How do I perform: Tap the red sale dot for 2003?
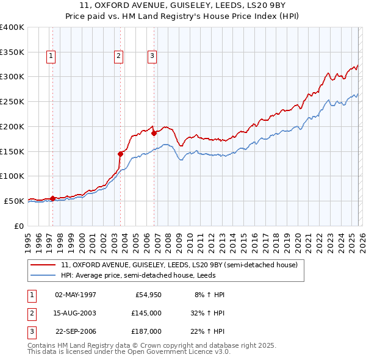tap(120, 154)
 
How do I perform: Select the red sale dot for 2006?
tap(154, 132)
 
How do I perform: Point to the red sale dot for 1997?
tap(52, 198)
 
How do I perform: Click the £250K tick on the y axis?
tap(12, 101)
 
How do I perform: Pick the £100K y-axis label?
tap(12, 176)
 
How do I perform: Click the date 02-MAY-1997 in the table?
tap(76, 295)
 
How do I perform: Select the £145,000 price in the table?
tap(146, 313)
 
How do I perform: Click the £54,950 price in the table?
tap(146, 295)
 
